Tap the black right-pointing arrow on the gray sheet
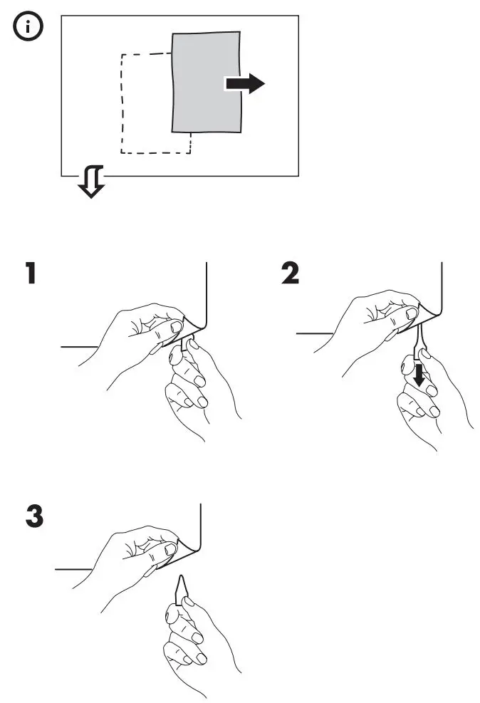tap(244, 84)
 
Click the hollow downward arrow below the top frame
tap(91, 182)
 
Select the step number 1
tap(29, 274)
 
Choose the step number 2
tap(289, 274)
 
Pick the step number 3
tap(33, 517)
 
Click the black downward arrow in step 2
tap(420, 374)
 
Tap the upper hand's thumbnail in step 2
tap(410, 313)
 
